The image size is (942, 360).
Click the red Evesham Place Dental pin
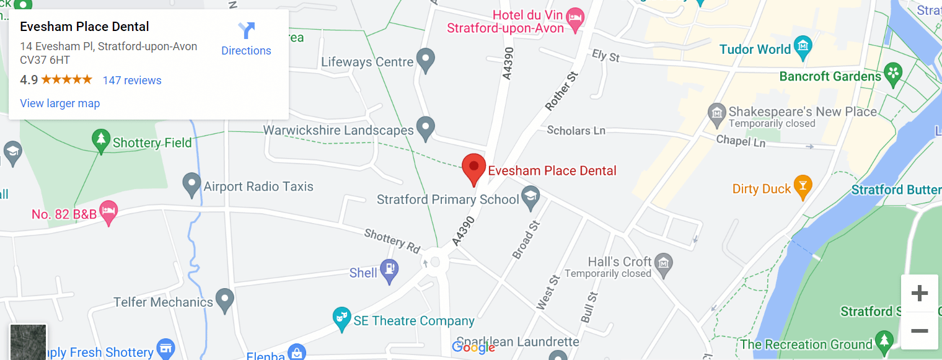coord(474,169)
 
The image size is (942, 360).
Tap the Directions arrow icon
coord(246,30)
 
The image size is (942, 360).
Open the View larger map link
coord(60,103)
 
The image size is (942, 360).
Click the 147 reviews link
coord(132,81)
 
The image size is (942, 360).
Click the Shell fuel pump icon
coord(390,271)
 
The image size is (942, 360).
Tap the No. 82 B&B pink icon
coord(108,212)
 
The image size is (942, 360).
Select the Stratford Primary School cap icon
coord(530,198)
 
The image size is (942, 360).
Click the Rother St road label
coord(561,91)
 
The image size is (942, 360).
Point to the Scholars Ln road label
coord(576,131)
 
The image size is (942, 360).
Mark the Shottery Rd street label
coord(392,240)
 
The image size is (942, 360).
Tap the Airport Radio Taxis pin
coord(192,185)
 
